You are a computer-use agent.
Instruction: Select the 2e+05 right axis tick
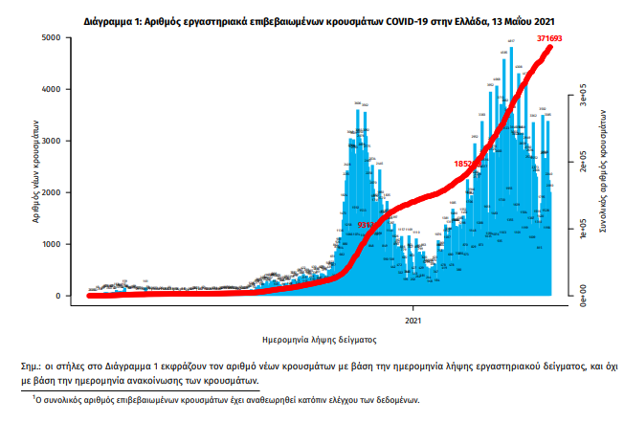click(x=580, y=163)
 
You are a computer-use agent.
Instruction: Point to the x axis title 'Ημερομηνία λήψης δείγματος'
click(x=314, y=340)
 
